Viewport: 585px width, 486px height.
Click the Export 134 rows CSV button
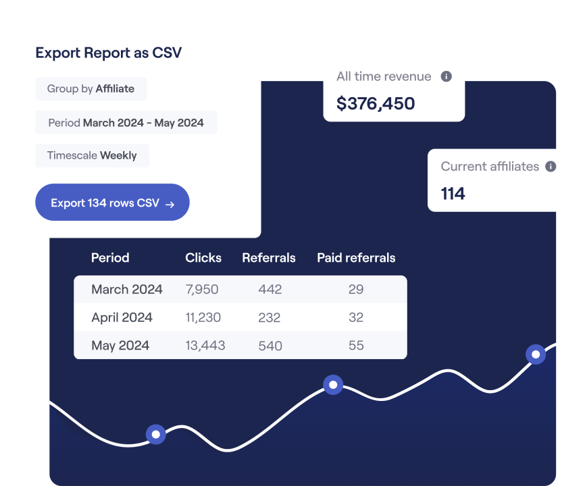point(112,202)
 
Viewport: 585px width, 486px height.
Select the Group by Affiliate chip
point(91,88)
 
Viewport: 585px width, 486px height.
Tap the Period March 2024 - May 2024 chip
point(126,123)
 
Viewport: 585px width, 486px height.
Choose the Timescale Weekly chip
point(92,155)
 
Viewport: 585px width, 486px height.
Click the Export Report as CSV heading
point(108,53)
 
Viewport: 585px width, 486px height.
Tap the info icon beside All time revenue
point(446,76)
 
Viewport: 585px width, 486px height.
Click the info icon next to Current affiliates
point(551,166)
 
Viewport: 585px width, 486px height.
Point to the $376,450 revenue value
point(376,103)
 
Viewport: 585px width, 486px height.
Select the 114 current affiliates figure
point(453,194)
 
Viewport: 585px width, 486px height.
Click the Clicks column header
point(203,258)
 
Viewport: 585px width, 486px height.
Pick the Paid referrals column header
point(356,258)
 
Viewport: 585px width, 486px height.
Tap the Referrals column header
point(269,258)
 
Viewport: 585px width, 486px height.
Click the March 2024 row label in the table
point(127,290)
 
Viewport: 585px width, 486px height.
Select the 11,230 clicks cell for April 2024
point(203,317)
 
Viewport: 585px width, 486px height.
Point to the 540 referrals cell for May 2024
point(270,346)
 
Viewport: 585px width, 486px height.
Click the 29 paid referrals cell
point(356,290)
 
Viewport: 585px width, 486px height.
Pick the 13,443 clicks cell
point(205,346)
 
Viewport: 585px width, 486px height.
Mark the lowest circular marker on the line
point(156,434)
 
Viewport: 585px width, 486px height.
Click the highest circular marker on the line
point(536,354)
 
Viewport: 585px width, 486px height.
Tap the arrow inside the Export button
point(170,204)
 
